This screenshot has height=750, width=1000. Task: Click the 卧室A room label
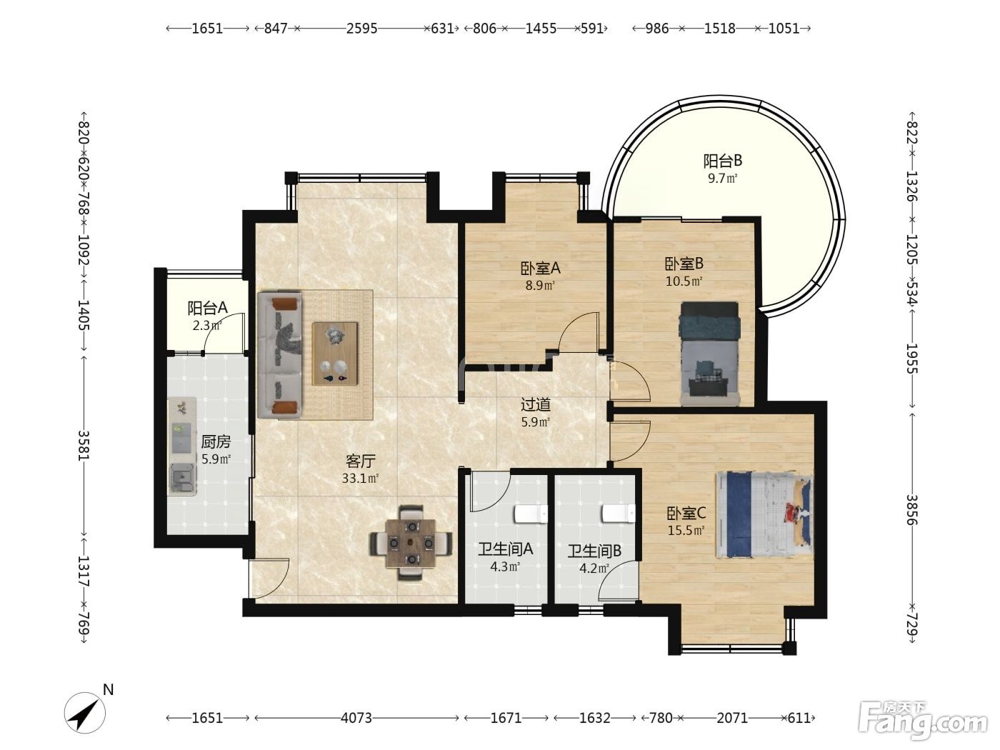(540, 269)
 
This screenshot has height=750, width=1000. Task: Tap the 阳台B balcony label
(723, 161)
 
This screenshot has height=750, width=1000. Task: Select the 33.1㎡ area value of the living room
(361, 479)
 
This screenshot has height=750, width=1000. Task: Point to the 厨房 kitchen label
(216, 441)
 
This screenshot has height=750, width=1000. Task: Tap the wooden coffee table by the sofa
(335, 354)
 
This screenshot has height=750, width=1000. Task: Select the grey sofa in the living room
(279, 355)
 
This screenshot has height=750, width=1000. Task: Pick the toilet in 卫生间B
(619, 514)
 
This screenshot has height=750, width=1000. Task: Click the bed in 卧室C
(764, 515)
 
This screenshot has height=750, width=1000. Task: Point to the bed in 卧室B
(709, 354)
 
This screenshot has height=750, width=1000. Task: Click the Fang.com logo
(923, 721)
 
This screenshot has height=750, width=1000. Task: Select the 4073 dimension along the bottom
(356, 718)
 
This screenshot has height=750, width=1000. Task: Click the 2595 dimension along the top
(361, 29)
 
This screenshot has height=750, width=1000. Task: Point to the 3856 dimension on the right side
(911, 510)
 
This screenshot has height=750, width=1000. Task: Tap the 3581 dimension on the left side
(84, 445)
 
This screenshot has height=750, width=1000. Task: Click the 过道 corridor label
(536, 404)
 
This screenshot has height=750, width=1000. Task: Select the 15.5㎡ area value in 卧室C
(686, 531)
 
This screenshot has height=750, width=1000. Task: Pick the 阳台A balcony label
(207, 309)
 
